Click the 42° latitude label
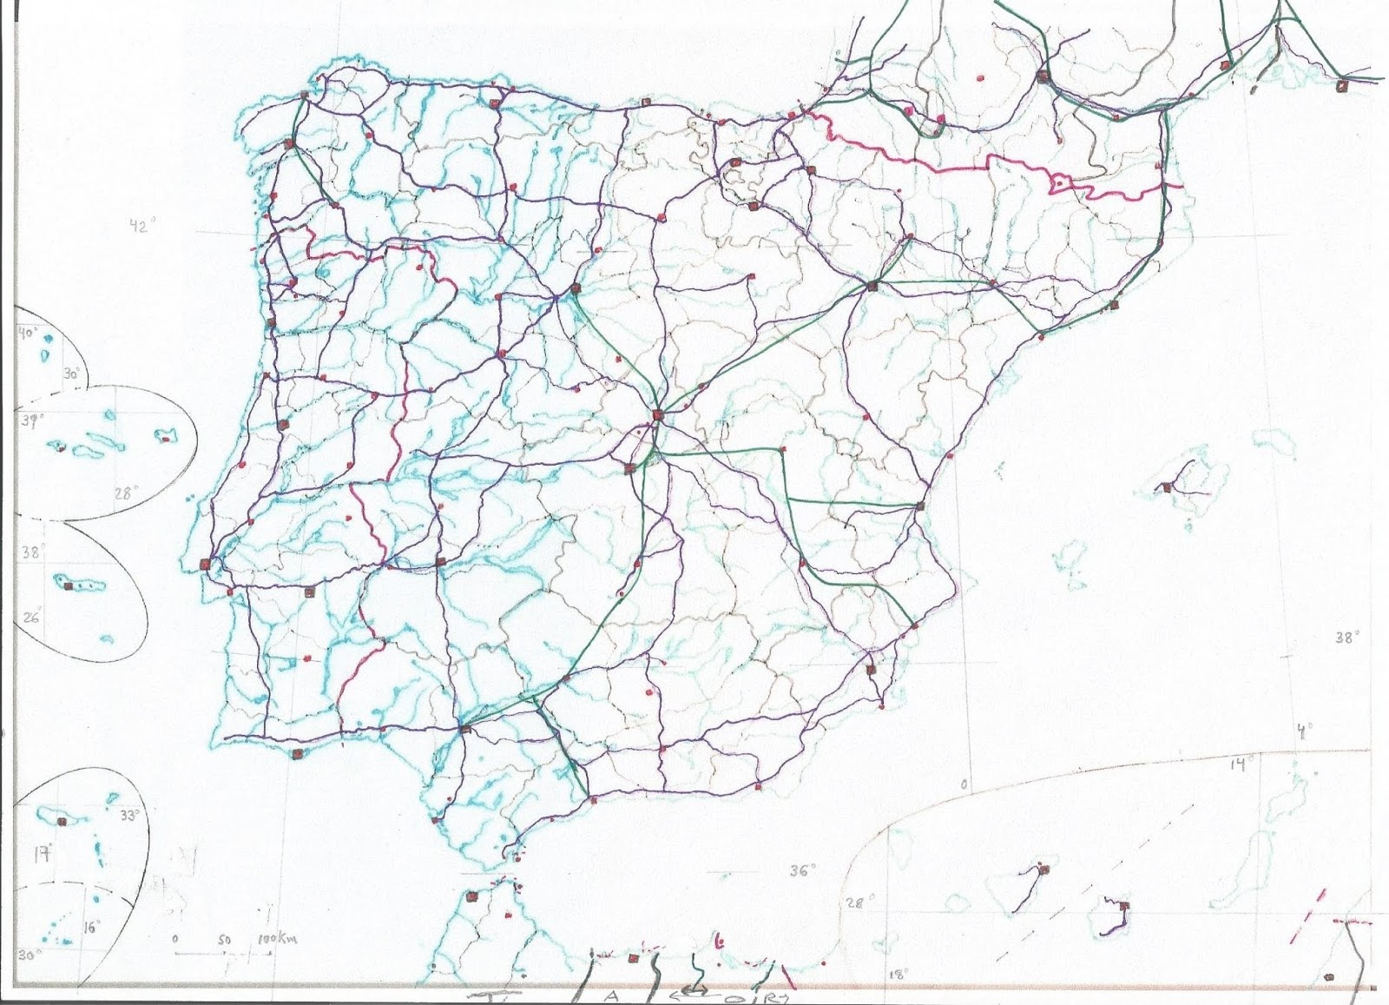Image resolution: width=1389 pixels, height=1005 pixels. (141, 227)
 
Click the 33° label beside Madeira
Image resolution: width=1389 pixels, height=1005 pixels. (129, 816)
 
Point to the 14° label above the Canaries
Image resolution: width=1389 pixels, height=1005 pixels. (1241, 764)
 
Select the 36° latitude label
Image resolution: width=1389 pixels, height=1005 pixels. (802, 870)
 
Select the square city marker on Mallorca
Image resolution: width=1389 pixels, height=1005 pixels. (1168, 487)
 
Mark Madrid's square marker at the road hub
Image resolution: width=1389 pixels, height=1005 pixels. (657, 414)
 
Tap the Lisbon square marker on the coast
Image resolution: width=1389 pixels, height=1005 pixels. (206, 562)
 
